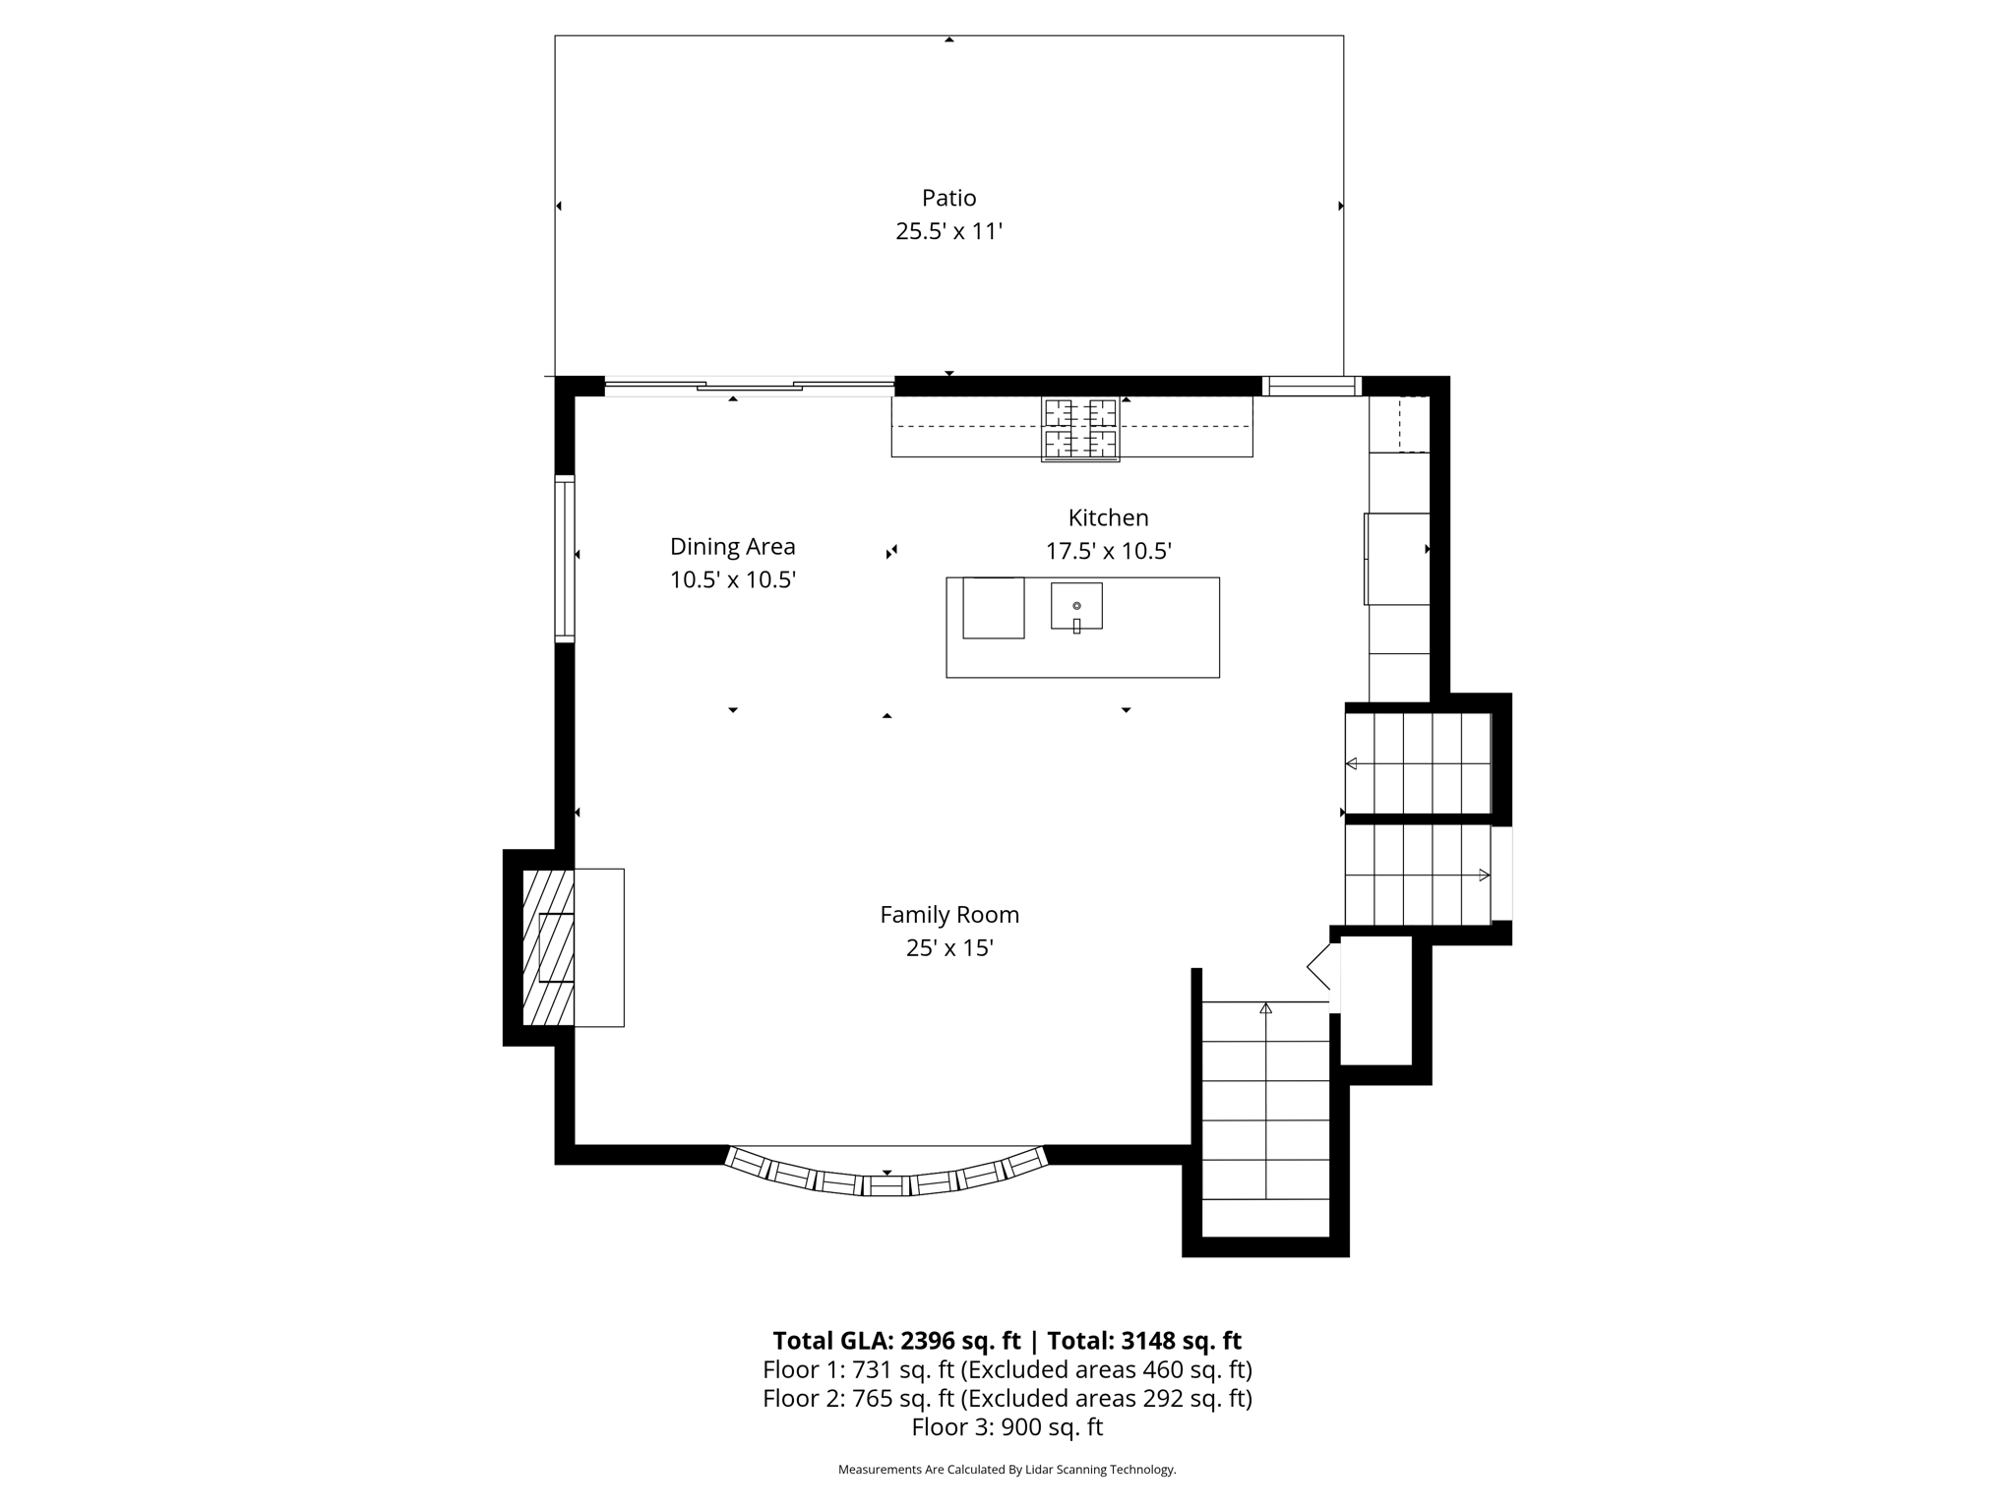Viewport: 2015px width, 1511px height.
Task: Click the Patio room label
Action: point(948,198)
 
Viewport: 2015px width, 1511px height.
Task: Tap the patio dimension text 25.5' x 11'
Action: point(948,231)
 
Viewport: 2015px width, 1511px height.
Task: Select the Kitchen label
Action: point(1108,517)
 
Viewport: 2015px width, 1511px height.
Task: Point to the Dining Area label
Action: point(732,547)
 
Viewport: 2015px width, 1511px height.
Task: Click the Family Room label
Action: point(949,915)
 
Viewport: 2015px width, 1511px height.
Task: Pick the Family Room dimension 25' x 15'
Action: point(949,948)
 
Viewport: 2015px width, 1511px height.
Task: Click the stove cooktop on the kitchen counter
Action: point(1080,429)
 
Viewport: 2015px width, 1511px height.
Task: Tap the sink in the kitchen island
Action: point(1076,606)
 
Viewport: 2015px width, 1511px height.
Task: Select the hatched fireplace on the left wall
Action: point(548,947)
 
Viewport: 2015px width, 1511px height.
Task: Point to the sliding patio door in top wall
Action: point(750,386)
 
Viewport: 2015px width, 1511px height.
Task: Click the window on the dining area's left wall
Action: point(565,559)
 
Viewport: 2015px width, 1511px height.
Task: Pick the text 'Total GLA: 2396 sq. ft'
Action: point(896,1341)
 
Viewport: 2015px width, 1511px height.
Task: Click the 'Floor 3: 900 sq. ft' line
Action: point(1007,1426)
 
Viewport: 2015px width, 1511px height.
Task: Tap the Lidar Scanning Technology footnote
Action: point(1007,1470)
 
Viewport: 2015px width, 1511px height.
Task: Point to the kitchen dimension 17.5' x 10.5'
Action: point(1108,551)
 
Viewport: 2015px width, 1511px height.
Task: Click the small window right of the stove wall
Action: point(1312,386)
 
